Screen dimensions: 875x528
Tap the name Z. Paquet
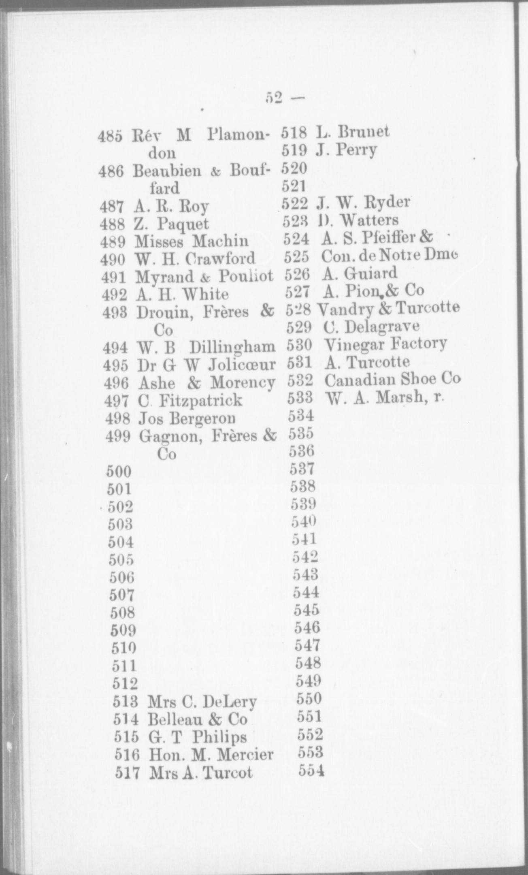tap(172, 224)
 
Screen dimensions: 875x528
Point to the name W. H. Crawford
tap(196, 258)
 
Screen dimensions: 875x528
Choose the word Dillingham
tap(232, 348)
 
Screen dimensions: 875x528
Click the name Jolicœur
tap(242, 365)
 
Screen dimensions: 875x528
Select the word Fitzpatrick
tap(200, 401)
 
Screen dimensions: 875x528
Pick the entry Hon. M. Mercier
tap(211, 755)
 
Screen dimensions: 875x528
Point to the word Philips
tap(219, 737)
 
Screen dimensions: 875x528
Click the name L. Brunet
tap(352, 132)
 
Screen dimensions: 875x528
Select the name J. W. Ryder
tap(363, 202)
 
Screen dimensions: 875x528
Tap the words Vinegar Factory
tap(386, 344)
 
